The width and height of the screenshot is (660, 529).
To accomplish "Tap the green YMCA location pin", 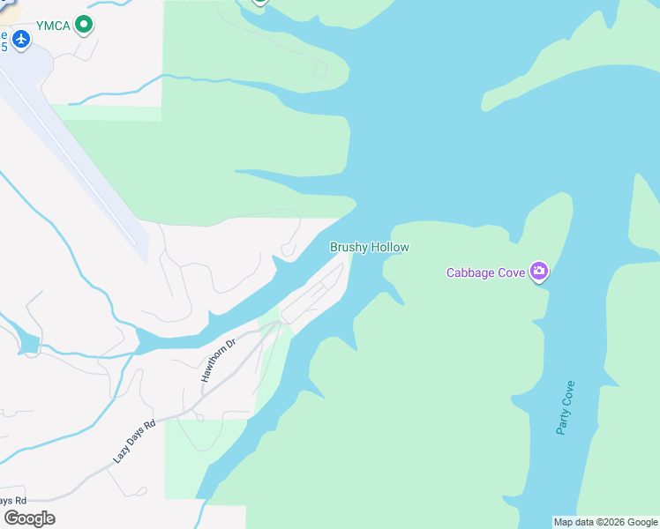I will pyautogui.click(x=84, y=25).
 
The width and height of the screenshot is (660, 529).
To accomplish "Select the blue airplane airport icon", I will pyautogui.click(x=21, y=40).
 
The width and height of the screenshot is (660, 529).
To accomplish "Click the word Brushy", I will pyautogui.click(x=349, y=248).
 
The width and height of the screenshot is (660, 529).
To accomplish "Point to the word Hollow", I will pyautogui.click(x=390, y=248).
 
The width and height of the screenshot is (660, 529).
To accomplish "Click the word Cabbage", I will pyautogui.click(x=471, y=272).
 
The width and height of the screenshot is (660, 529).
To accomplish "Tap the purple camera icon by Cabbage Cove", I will pyautogui.click(x=539, y=272).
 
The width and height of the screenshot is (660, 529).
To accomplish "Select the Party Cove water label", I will pyautogui.click(x=566, y=407).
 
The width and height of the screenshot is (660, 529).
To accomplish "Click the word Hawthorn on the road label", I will pyautogui.click(x=212, y=368).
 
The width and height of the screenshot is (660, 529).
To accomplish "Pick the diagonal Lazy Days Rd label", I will pyautogui.click(x=134, y=442).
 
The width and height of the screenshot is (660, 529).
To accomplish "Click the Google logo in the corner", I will pyautogui.click(x=29, y=518).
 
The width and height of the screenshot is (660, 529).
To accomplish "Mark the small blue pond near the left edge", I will pyautogui.click(x=28, y=343).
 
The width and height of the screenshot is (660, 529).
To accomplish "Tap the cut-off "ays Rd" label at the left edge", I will pyautogui.click(x=12, y=500).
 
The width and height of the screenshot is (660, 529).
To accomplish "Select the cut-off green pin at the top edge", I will pyautogui.click(x=259, y=2).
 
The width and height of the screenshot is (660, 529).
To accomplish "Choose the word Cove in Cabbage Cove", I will pyautogui.click(x=511, y=272).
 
